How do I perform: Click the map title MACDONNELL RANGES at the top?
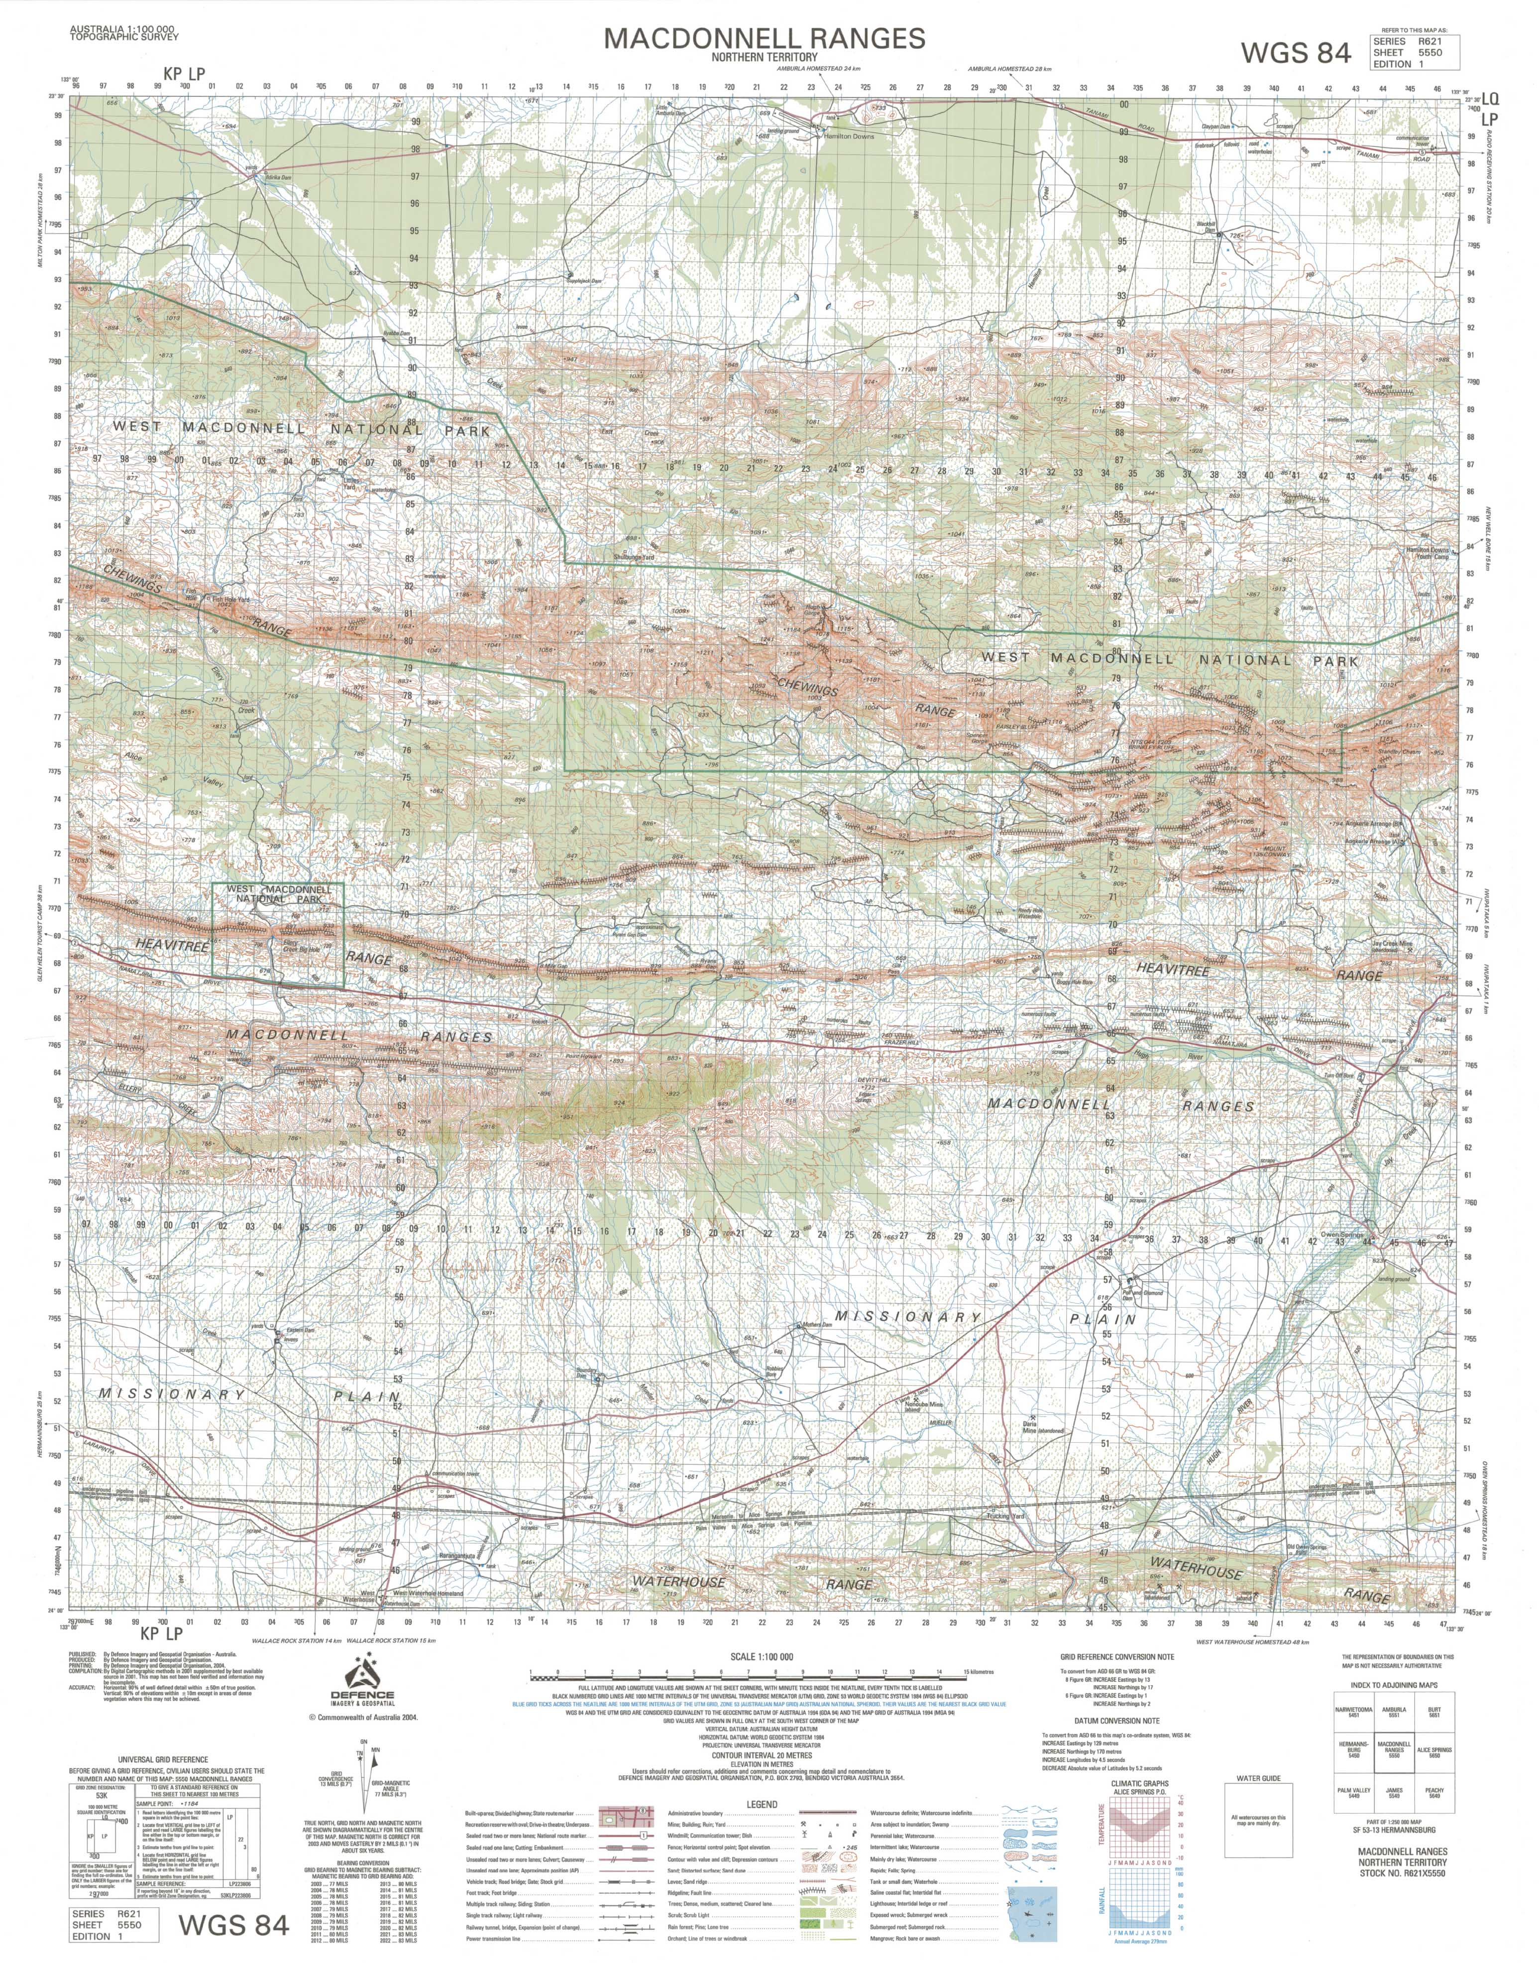tap(764, 38)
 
